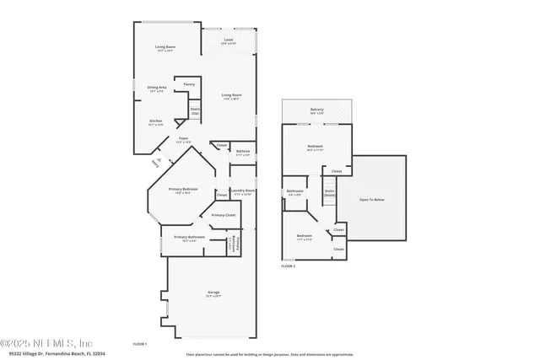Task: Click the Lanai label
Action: pos(228,40)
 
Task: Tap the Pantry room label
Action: pos(189,84)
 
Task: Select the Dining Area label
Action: pos(157,89)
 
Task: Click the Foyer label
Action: pos(183,139)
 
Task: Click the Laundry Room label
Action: pos(243,191)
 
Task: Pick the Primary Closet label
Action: pos(224,216)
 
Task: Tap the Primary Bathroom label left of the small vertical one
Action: pos(190,239)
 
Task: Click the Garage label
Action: pos(213,294)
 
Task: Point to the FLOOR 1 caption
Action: pos(140,344)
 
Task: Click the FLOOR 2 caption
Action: pos(289,266)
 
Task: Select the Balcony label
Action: pos(316,110)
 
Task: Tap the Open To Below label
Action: pos(372,199)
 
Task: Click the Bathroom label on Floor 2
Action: pos(294,192)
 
